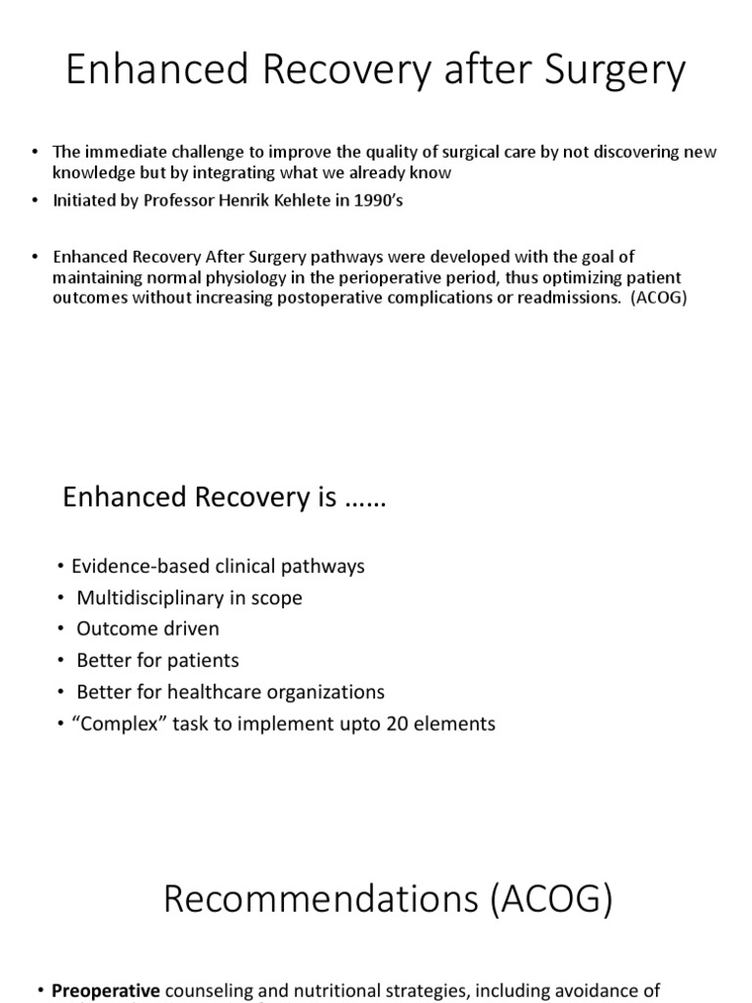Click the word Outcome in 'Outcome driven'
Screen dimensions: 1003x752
(x=114, y=629)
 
